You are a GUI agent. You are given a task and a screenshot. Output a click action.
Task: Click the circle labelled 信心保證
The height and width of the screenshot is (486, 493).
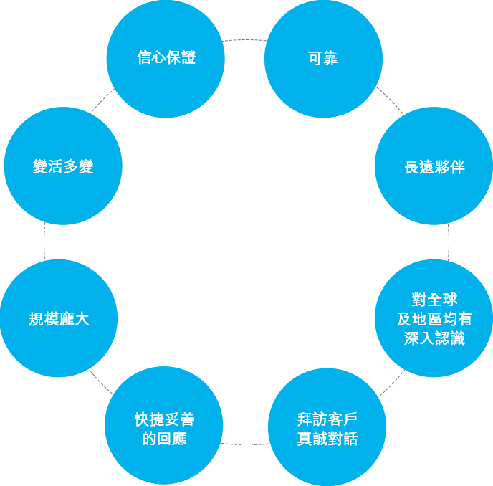coord(166,59)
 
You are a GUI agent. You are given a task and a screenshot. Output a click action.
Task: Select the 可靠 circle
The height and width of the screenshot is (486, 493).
coord(324,59)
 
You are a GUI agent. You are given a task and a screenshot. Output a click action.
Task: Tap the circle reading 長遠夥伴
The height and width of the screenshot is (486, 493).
coord(434,166)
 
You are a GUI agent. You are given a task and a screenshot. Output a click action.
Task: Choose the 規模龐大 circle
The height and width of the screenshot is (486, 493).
coord(59,318)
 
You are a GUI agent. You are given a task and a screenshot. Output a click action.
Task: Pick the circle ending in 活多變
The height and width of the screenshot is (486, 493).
coord(63,166)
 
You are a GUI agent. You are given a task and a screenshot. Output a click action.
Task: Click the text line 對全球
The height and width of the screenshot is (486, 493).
coord(434,300)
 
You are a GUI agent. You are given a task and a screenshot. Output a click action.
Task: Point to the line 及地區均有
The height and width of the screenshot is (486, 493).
coord(434,319)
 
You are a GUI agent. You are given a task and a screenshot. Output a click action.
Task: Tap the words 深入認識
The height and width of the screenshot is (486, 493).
coord(434,338)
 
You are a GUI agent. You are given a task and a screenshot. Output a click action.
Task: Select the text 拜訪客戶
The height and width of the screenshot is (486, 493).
coord(327,419)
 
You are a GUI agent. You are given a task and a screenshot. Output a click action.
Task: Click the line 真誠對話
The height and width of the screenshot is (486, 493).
coord(327,439)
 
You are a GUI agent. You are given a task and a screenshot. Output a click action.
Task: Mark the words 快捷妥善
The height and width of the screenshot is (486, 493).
coord(164,419)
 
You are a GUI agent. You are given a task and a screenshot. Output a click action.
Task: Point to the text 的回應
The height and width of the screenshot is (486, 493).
coord(164,439)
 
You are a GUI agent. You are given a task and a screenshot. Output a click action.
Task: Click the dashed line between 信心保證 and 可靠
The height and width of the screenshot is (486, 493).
coord(244,40)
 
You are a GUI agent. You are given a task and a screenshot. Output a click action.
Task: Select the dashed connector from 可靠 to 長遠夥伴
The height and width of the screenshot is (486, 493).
coord(391,100)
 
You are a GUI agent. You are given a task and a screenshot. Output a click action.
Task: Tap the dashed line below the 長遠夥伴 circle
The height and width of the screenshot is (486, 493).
coord(449,242)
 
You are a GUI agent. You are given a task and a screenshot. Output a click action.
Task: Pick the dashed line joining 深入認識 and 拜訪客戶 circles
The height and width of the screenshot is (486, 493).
coord(392,383)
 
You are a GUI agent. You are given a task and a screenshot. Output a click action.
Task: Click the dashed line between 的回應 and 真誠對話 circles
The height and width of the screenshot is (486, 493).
coord(245,444)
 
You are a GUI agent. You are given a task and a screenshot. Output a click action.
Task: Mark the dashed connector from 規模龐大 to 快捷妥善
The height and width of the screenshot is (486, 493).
coord(100,382)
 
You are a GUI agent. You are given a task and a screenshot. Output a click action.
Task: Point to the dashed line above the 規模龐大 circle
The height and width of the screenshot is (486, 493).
coord(44,242)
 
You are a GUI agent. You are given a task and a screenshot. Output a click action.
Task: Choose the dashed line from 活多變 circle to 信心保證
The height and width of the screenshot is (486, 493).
coord(102,100)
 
